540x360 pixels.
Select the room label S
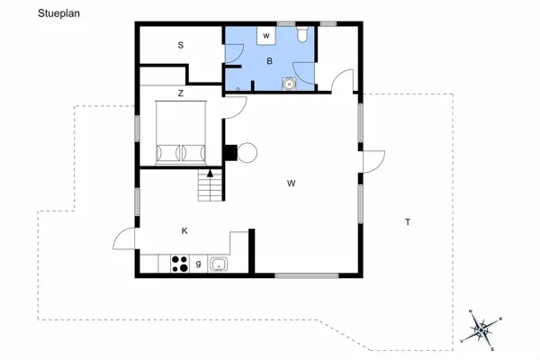point(180,45)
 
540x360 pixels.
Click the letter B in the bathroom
point(269,62)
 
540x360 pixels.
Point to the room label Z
point(180,93)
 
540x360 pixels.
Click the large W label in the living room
point(292,184)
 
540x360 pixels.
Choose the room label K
point(184,231)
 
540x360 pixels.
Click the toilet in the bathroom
point(302,34)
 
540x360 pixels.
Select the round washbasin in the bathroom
point(289,84)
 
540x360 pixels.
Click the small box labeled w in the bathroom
point(267,36)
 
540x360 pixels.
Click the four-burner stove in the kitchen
point(179,265)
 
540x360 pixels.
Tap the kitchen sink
point(217,265)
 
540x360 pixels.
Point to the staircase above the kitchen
point(210,188)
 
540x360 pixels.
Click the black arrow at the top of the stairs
point(211,172)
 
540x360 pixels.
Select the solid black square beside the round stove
point(230,152)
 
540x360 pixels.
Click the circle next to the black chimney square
point(247,152)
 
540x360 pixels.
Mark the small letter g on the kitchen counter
point(198,264)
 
